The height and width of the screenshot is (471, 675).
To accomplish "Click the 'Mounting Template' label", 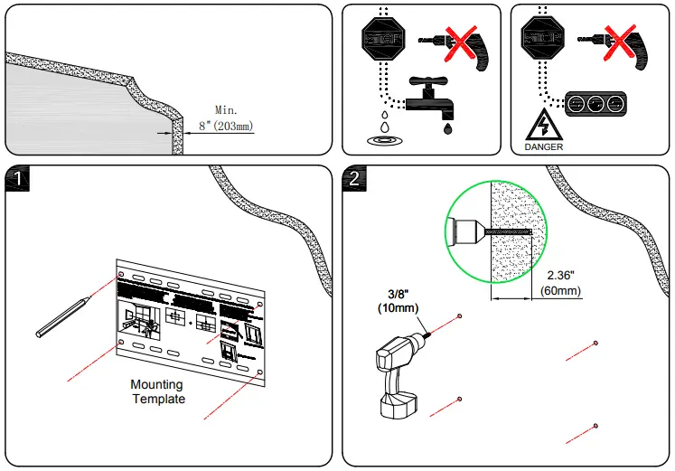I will [x=158, y=391].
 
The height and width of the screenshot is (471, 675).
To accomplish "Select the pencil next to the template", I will [x=62, y=316].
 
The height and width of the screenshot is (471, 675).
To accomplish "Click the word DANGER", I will [x=542, y=146].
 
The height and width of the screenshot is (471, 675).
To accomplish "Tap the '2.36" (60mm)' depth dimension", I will [x=559, y=284].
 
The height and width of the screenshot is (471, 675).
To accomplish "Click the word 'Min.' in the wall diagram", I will [x=228, y=110].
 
